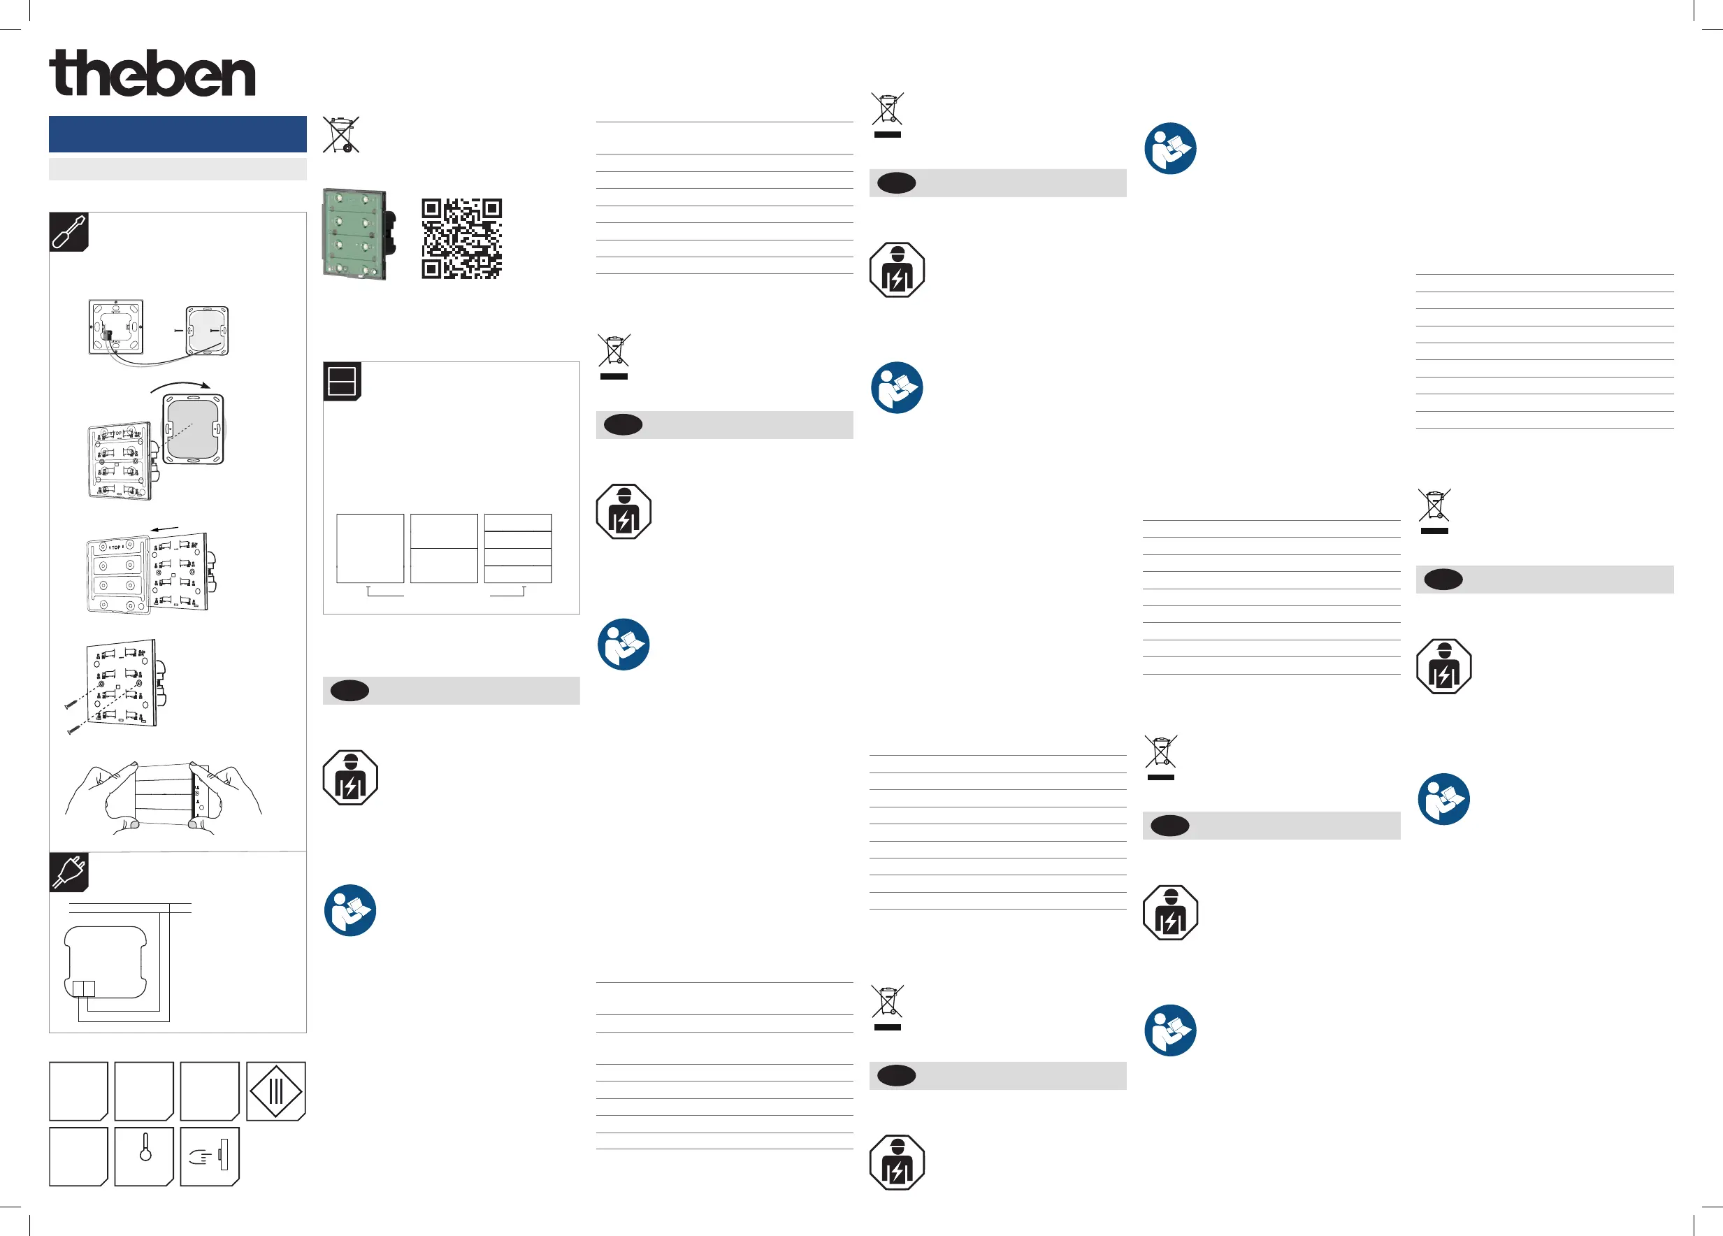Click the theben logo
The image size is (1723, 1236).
[x=152, y=73]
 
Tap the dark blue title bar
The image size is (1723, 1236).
[x=177, y=134]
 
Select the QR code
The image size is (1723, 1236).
[x=461, y=238]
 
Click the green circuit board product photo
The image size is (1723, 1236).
[x=359, y=234]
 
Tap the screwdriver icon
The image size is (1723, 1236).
[x=69, y=231]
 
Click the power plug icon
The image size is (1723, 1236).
[x=69, y=871]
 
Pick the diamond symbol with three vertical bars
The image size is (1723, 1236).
[x=276, y=1091]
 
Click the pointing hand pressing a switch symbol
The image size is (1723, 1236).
[x=210, y=1156]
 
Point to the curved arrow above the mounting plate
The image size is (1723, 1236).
[x=181, y=386]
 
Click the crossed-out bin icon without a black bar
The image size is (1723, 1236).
[x=340, y=134]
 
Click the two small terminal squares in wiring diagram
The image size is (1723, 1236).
[x=84, y=989]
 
